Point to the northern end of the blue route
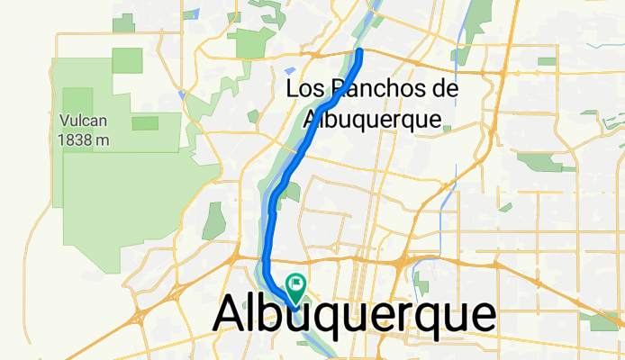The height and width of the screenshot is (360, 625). [x=360, y=52]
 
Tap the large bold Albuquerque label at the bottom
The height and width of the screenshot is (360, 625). [x=354, y=316]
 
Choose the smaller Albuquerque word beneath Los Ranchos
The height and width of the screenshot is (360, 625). [x=371, y=118]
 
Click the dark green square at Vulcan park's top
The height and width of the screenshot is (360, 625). [x=129, y=61]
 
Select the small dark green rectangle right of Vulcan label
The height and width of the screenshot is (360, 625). [x=144, y=122]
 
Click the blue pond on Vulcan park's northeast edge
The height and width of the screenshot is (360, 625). [x=183, y=93]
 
